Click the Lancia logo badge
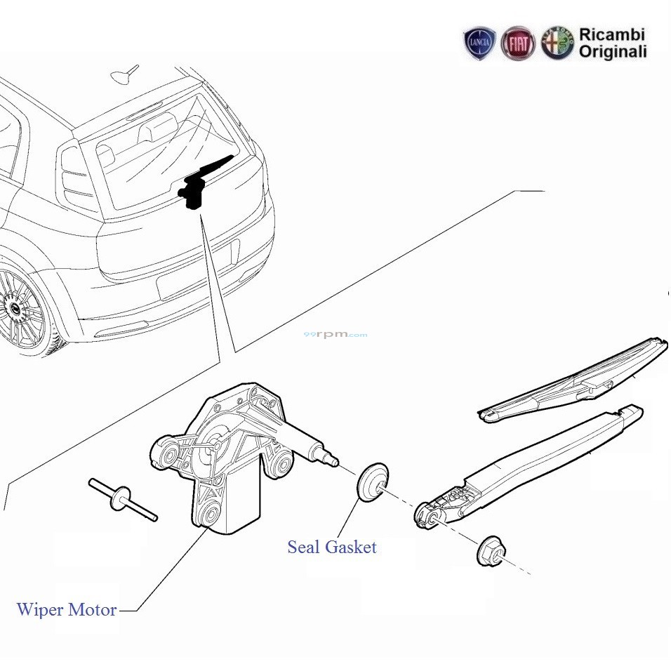pyautogui.click(x=480, y=44)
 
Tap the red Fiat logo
pyautogui.click(x=519, y=44)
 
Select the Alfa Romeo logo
pyautogui.click(x=557, y=44)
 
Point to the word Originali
pyautogui.click(x=613, y=52)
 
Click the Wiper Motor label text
pyautogui.click(x=67, y=610)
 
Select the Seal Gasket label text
pyautogui.click(x=332, y=547)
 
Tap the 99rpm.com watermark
pyautogui.click(x=335, y=335)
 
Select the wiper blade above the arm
pyautogui.click(x=576, y=382)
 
